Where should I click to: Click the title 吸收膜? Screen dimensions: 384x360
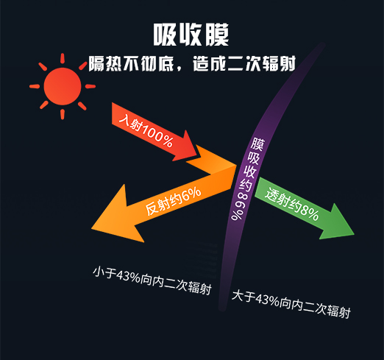coord(191,35)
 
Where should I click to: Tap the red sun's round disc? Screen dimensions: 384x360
coord(63,86)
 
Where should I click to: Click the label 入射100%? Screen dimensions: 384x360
coord(146,131)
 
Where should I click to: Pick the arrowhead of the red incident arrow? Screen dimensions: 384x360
coord(188,147)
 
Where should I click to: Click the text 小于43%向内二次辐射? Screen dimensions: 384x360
coord(152,280)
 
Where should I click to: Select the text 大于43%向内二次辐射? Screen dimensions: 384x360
coord(291,304)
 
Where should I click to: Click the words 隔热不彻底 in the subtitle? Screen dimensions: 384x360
coord(131,63)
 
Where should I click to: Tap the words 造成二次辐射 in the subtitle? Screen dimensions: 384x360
coord(244,63)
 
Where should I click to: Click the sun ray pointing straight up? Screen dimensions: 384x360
coord(63,57)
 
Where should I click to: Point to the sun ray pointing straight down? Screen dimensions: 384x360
coord(63,114)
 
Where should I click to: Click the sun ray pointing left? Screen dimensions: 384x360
coord(35,86)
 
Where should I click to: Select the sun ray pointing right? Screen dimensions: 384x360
coord(90,86)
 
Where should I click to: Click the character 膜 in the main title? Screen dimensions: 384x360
coord(217,35)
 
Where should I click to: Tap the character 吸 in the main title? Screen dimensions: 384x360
coord(165,35)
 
